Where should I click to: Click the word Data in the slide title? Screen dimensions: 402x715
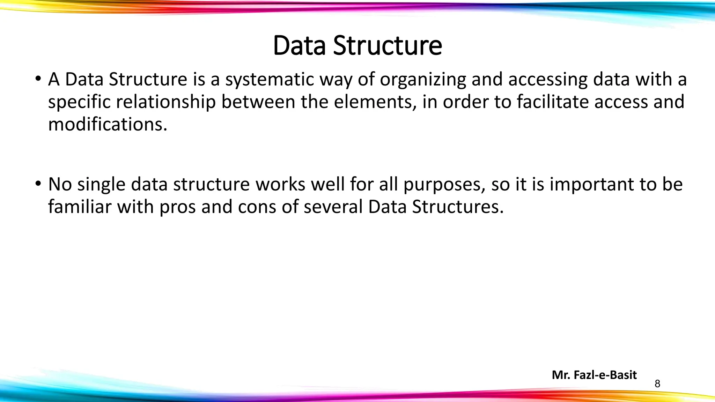tap(300, 46)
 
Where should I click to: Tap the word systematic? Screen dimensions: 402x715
tap(270, 80)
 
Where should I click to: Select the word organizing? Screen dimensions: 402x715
tap(423, 80)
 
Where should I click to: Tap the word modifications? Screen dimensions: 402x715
tap(108, 124)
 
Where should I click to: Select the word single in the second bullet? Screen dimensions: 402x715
tap(101, 185)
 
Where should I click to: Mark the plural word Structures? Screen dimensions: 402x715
tap(458, 207)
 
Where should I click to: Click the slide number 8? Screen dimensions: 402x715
tap(657, 384)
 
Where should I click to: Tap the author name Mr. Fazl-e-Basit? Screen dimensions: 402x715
tap(594, 375)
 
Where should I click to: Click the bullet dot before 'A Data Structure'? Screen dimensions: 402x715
tap(38, 79)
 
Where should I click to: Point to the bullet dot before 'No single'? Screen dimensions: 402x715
tap(38, 184)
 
